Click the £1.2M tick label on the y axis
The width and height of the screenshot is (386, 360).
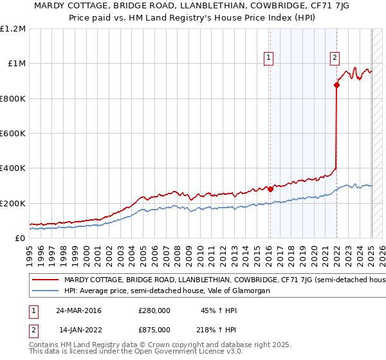(x=13, y=29)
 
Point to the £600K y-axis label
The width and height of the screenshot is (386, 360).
(x=13, y=134)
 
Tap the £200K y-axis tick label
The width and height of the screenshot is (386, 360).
(x=13, y=203)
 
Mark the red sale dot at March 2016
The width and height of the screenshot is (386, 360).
(x=270, y=189)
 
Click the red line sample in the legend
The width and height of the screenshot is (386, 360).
(x=45, y=280)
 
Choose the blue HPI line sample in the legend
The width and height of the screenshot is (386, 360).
(x=45, y=291)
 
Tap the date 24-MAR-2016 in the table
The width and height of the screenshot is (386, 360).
(x=78, y=310)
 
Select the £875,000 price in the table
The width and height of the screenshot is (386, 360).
(x=154, y=330)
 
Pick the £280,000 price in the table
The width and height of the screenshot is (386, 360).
(x=154, y=310)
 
